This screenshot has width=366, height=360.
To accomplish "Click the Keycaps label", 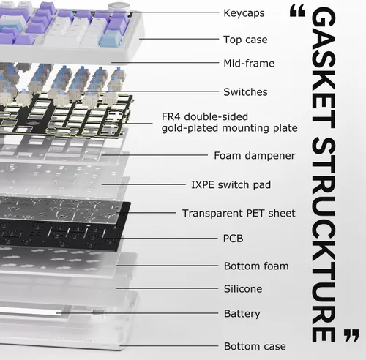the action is click(244, 13).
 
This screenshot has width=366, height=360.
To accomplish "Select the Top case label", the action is click(245, 40).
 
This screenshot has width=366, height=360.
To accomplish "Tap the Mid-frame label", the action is click(249, 64).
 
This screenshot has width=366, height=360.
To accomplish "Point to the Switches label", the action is click(245, 92).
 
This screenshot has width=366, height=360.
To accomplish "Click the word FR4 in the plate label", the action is click(171, 116).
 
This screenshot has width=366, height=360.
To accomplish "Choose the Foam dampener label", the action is click(255, 156).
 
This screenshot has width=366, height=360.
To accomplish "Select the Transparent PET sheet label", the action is click(239, 213).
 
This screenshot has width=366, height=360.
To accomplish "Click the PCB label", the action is click(233, 239).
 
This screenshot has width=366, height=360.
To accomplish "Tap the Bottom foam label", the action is click(256, 266).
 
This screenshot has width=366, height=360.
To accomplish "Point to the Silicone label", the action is click(243, 289).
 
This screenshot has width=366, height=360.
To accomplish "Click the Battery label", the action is click(242, 314).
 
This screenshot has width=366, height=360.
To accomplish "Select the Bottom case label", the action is click(255, 346).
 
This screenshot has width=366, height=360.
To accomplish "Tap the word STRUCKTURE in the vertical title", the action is click(324, 240).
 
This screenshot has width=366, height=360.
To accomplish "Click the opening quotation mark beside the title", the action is click(297, 12).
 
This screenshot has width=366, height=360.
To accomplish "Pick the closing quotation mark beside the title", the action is click(351, 335).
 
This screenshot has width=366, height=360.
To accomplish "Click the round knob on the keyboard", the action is click(116, 7).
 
